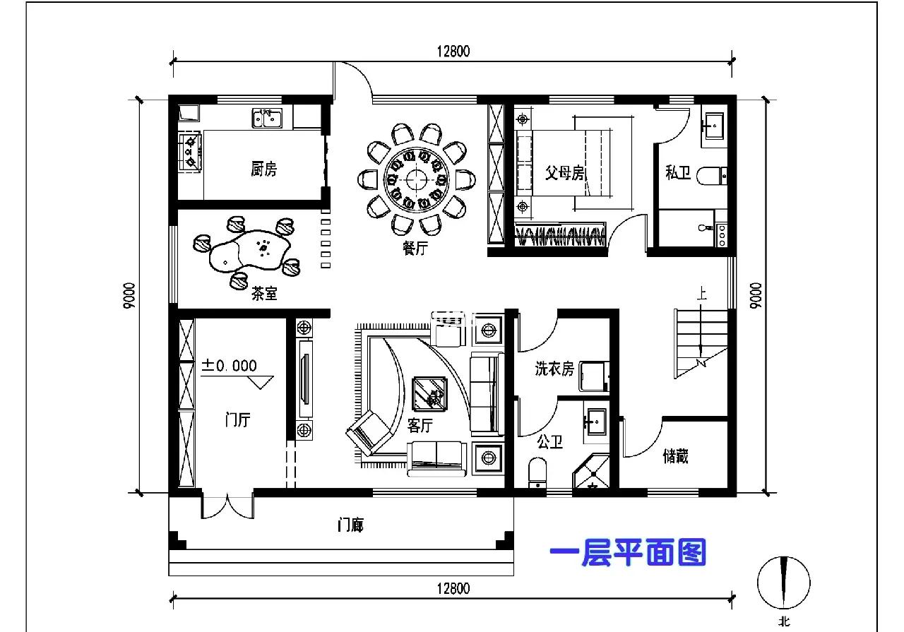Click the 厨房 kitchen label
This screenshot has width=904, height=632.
263,169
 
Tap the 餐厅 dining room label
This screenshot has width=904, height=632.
415,248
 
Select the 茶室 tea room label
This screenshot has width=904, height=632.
264,293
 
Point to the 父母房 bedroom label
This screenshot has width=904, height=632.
565,173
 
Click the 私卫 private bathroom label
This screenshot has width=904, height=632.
678,172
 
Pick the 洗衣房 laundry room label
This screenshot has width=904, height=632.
554,369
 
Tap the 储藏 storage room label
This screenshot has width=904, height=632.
675,456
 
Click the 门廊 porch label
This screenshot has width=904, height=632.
350,525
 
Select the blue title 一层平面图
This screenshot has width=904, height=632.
628,552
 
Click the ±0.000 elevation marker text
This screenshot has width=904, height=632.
229,366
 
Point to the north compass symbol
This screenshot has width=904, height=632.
784,583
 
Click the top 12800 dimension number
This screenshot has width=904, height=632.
453,52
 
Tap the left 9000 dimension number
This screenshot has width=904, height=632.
129,296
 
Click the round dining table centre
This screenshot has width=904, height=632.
416,179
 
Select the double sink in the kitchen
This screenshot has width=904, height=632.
267,118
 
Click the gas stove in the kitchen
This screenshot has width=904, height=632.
190,152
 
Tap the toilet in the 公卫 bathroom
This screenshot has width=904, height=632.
537,472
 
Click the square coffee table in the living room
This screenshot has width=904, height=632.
429,394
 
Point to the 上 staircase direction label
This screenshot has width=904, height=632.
702,293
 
